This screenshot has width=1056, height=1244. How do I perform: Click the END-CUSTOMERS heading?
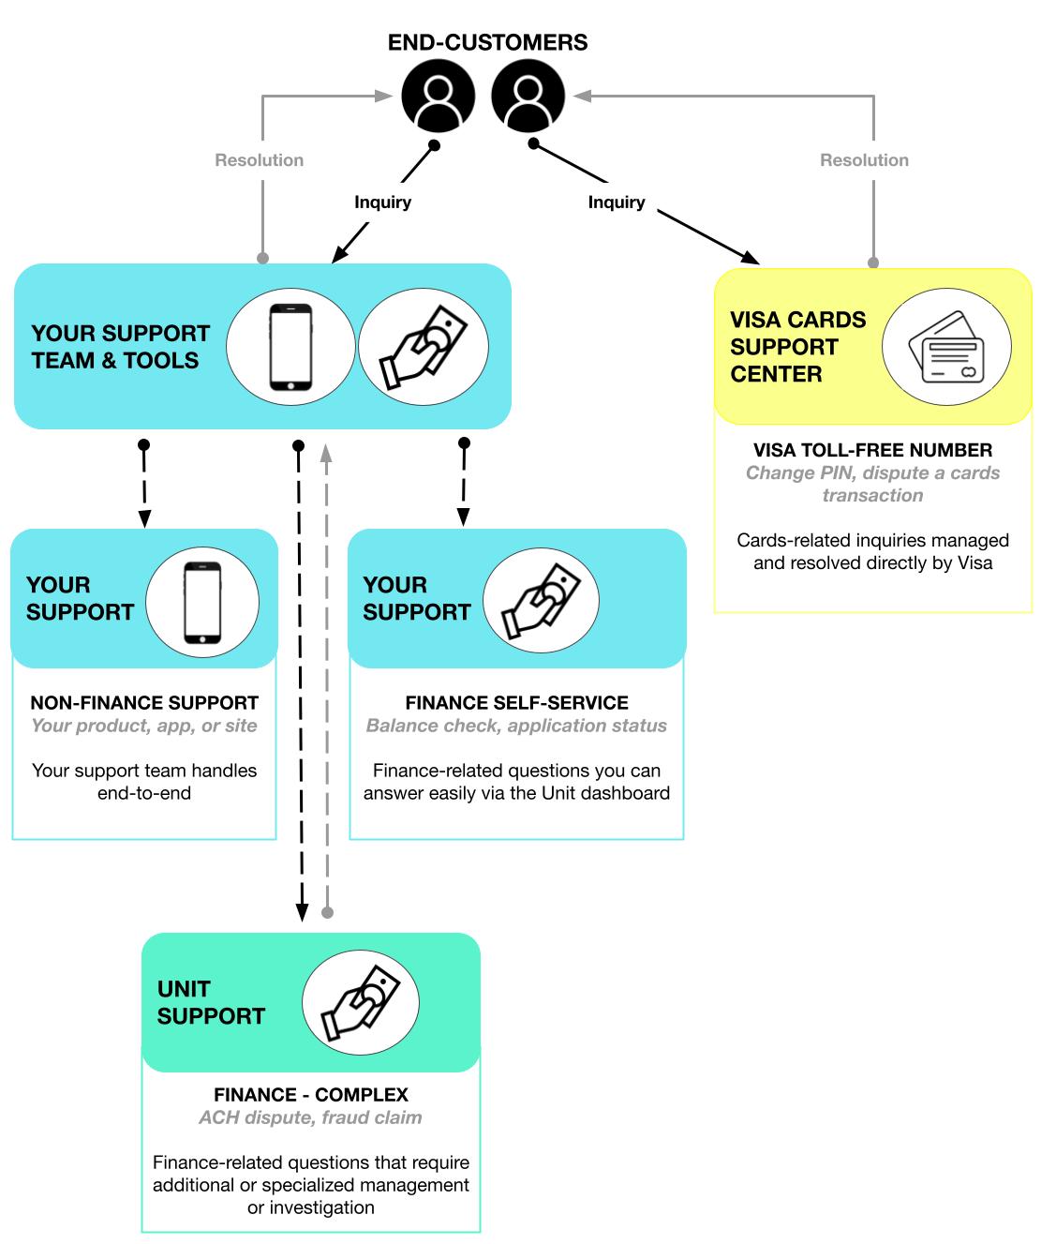pos(487,42)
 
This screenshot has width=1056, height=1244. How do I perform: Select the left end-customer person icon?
pos(438,96)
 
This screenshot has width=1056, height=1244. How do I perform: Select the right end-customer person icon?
pos(528,96)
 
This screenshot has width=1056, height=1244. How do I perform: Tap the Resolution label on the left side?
pos(260,160)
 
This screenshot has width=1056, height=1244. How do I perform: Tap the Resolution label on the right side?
pos(864,160)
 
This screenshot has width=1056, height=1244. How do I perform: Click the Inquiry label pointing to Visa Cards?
pos(617,202)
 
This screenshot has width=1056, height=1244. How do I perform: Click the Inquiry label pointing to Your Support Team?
pos(382,202)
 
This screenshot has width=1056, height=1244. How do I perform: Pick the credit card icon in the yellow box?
pos(946,347)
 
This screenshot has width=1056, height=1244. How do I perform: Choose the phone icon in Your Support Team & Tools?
pos(290,347)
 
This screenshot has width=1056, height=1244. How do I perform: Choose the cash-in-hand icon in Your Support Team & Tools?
pos(424,347)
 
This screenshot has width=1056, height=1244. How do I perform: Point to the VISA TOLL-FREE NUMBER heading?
pos(872,450)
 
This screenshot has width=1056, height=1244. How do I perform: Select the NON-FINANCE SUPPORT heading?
pos(144,703)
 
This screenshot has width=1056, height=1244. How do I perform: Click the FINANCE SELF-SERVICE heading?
pos(516,703)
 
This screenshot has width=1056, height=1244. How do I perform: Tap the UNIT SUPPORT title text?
pos(211,1003)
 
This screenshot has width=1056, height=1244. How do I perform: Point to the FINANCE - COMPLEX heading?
pos(310,1095)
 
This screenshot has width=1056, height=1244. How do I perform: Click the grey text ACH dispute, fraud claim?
pos(310,1117)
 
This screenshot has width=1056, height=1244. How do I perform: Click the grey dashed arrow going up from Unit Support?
pos(327,675)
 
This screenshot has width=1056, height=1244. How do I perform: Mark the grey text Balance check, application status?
pos(516,726)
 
